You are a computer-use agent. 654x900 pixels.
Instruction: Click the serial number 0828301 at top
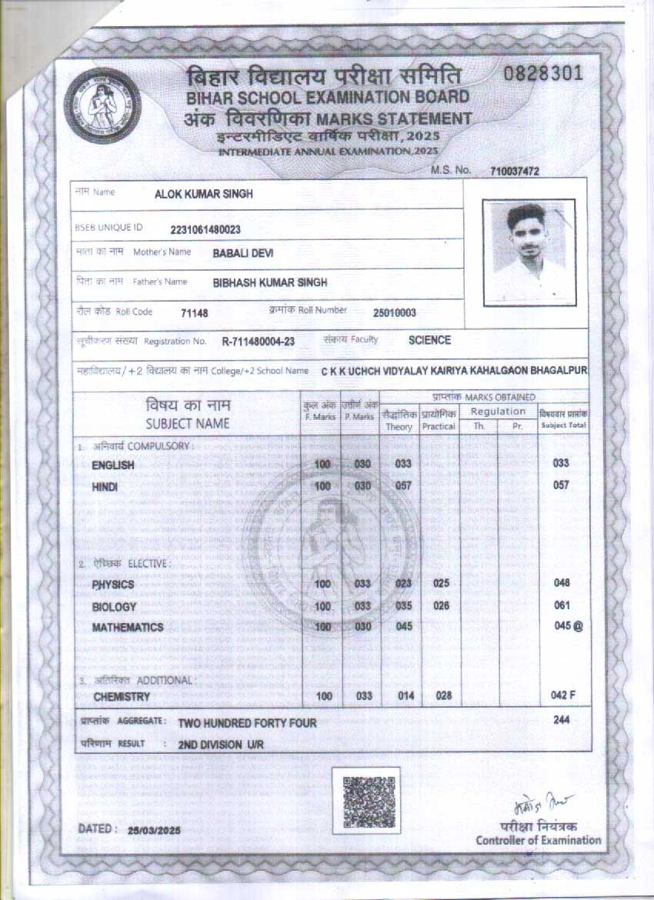pyautogui.click(x=544, y=75)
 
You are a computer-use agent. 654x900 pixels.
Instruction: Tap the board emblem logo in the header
pyautogui.click(x=102, y=105)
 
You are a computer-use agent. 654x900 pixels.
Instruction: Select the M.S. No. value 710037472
pyautogui.click(x=515, y=172)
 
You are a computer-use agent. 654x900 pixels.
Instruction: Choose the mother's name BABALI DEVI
pyautogui.click(x=243, y=253)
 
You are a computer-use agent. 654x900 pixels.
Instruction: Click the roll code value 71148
pyautogui.click(x=195, y=313)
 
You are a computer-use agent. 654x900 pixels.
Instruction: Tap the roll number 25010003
pyautogui.click(x=395, y=312)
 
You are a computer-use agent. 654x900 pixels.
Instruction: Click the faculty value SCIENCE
pyautogui.click(x=429, y=340)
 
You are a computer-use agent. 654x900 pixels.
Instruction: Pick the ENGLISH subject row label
pyautogui.click(x=113, y=465)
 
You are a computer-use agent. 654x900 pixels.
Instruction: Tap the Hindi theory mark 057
pyautogui.click(x=404, y=486)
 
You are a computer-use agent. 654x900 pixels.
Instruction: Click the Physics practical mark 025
pyautogui.click(x=441, y=583)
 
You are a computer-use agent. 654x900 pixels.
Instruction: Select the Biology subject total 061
pyautogui.click(x=562, y=605)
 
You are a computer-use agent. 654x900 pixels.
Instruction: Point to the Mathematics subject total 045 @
pyautogui.click(x=568, y=626)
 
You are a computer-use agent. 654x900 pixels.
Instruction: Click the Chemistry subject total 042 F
pyautogui.click(x=563, y=695)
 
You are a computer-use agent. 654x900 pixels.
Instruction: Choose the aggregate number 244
pyautogui.click(x=562, y=720)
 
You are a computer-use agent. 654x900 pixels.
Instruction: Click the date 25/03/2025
pyautogui.click(x=154, y=831)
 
